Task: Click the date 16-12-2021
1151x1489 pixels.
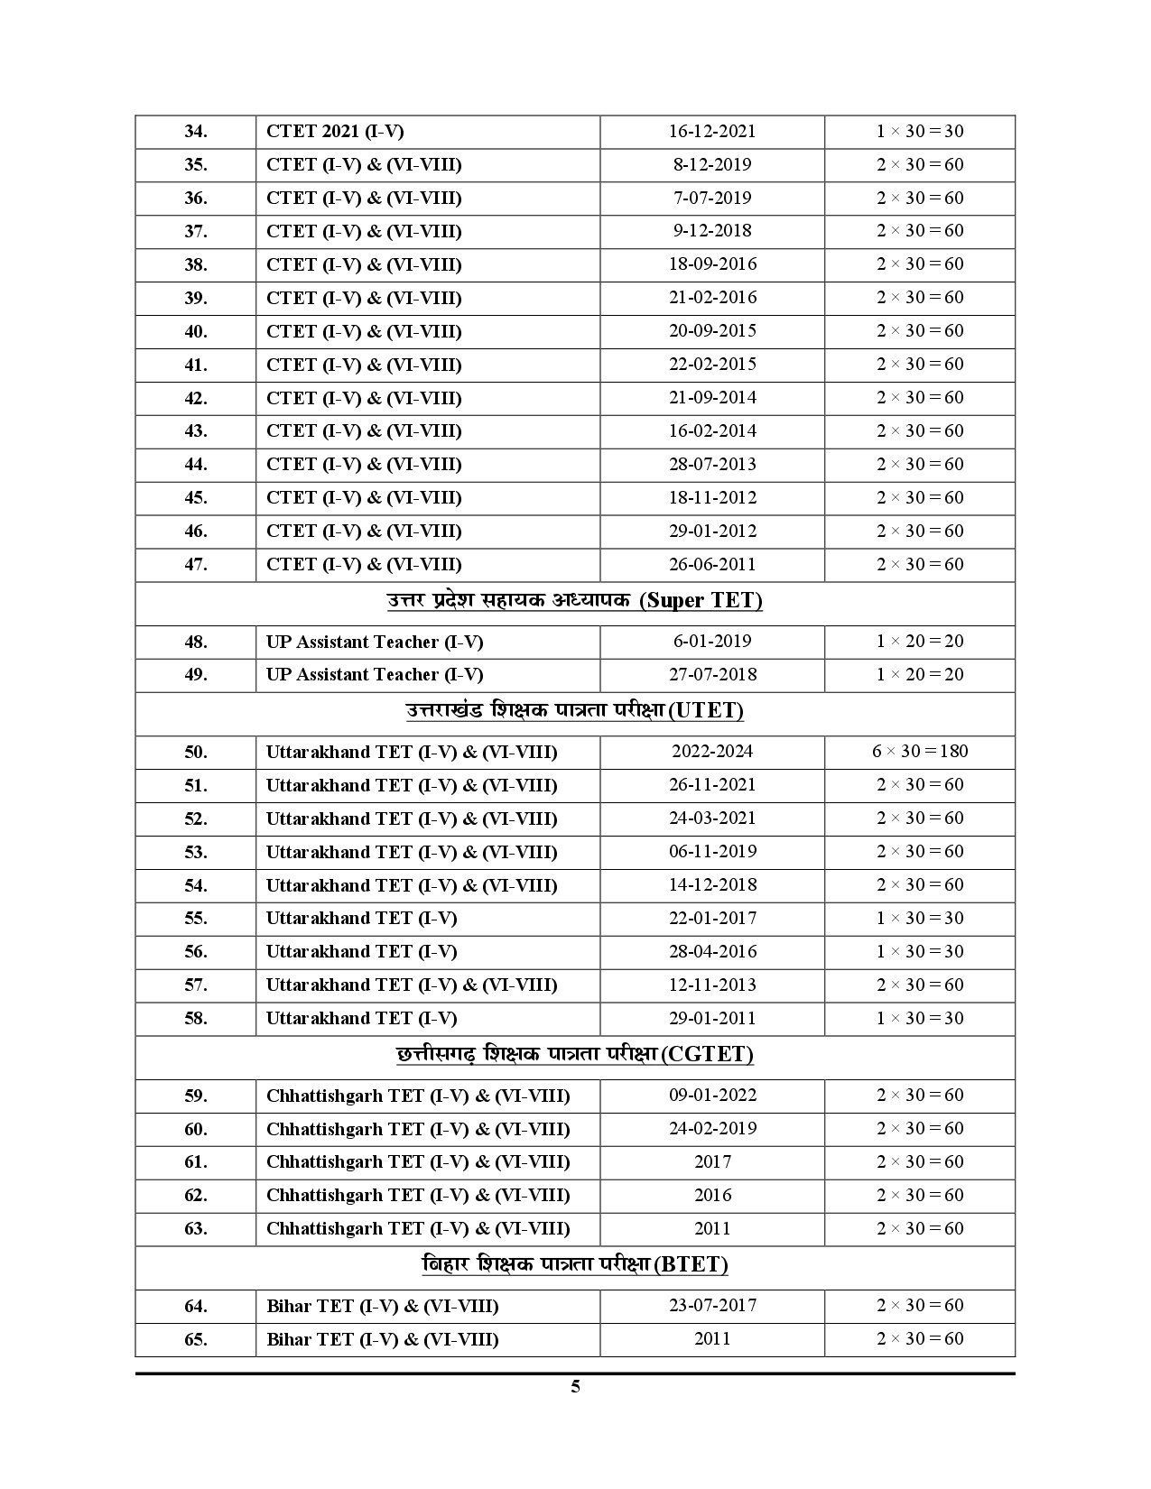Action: point(712,132)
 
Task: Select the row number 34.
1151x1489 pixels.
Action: point(196,132)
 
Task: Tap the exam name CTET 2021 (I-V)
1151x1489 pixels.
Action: point(335,132)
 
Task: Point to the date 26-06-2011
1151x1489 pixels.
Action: point(712,565)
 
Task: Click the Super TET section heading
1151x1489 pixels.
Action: point(575,601)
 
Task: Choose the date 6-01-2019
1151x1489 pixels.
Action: point(712,642)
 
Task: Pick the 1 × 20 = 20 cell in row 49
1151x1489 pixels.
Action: point(920,675)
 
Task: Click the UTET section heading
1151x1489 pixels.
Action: point(575,711)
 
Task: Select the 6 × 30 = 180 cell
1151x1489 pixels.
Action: point(920,752)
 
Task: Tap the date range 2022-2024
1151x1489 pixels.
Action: point(712,752)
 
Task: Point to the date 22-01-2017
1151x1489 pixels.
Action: point(712,919)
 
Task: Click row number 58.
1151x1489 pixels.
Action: point(196,1019)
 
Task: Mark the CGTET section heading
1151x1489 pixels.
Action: point(575,1055)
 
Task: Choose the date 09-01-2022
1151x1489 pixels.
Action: point(712,1096)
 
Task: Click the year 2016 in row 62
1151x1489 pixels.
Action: point(712,1196)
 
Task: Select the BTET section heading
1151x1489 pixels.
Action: point(575,1265)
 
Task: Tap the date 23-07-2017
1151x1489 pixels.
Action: point(712,1306)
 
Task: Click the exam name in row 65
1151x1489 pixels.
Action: point(382,1339)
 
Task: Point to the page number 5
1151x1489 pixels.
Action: point(575,1387)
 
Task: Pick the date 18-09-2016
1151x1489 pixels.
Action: point(712,264)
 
